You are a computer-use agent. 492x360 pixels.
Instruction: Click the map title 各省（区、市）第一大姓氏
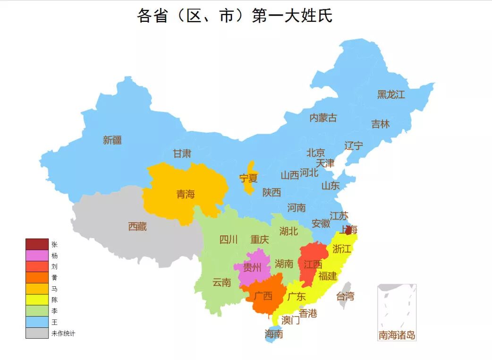click(x=235, y=16)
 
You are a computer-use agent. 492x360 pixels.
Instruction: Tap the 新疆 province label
click(x=112, y=140)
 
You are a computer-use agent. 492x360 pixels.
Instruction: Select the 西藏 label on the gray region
click(x=137, y=227)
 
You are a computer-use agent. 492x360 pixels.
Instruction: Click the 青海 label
click(x=186, y=194)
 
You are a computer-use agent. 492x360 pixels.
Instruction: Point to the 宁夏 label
click(x=248, y=179)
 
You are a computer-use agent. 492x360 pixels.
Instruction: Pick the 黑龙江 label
click(x=391, y=94)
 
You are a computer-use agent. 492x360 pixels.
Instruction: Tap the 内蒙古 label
click(x=323, y=118)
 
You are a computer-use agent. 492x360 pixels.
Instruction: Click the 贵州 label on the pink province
click(x=252, y=268)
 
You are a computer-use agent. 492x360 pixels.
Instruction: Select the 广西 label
click(x=263, y=296)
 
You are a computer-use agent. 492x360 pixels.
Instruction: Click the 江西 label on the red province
click(x=313, y=265)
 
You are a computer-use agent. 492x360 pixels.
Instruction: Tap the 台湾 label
click(x=345, y=297)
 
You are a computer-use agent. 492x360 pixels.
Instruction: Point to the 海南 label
click(x=274, y=334)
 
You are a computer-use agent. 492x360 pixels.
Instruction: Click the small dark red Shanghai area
click(x=349, y=230)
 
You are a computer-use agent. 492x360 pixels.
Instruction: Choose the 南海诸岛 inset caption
click(x=397, y=335)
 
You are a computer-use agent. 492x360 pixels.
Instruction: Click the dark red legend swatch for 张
click(x=37, y=244)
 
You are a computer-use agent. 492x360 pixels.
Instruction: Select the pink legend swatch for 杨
click(x=37, y=256)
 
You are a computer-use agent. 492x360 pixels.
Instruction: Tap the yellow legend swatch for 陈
click(x=37, y=300)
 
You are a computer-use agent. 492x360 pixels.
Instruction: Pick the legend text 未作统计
click(x=63, y=334)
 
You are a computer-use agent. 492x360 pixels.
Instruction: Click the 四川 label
click(x=229, y=240)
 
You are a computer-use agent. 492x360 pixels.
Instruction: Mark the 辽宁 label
click(x=354, y=146)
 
